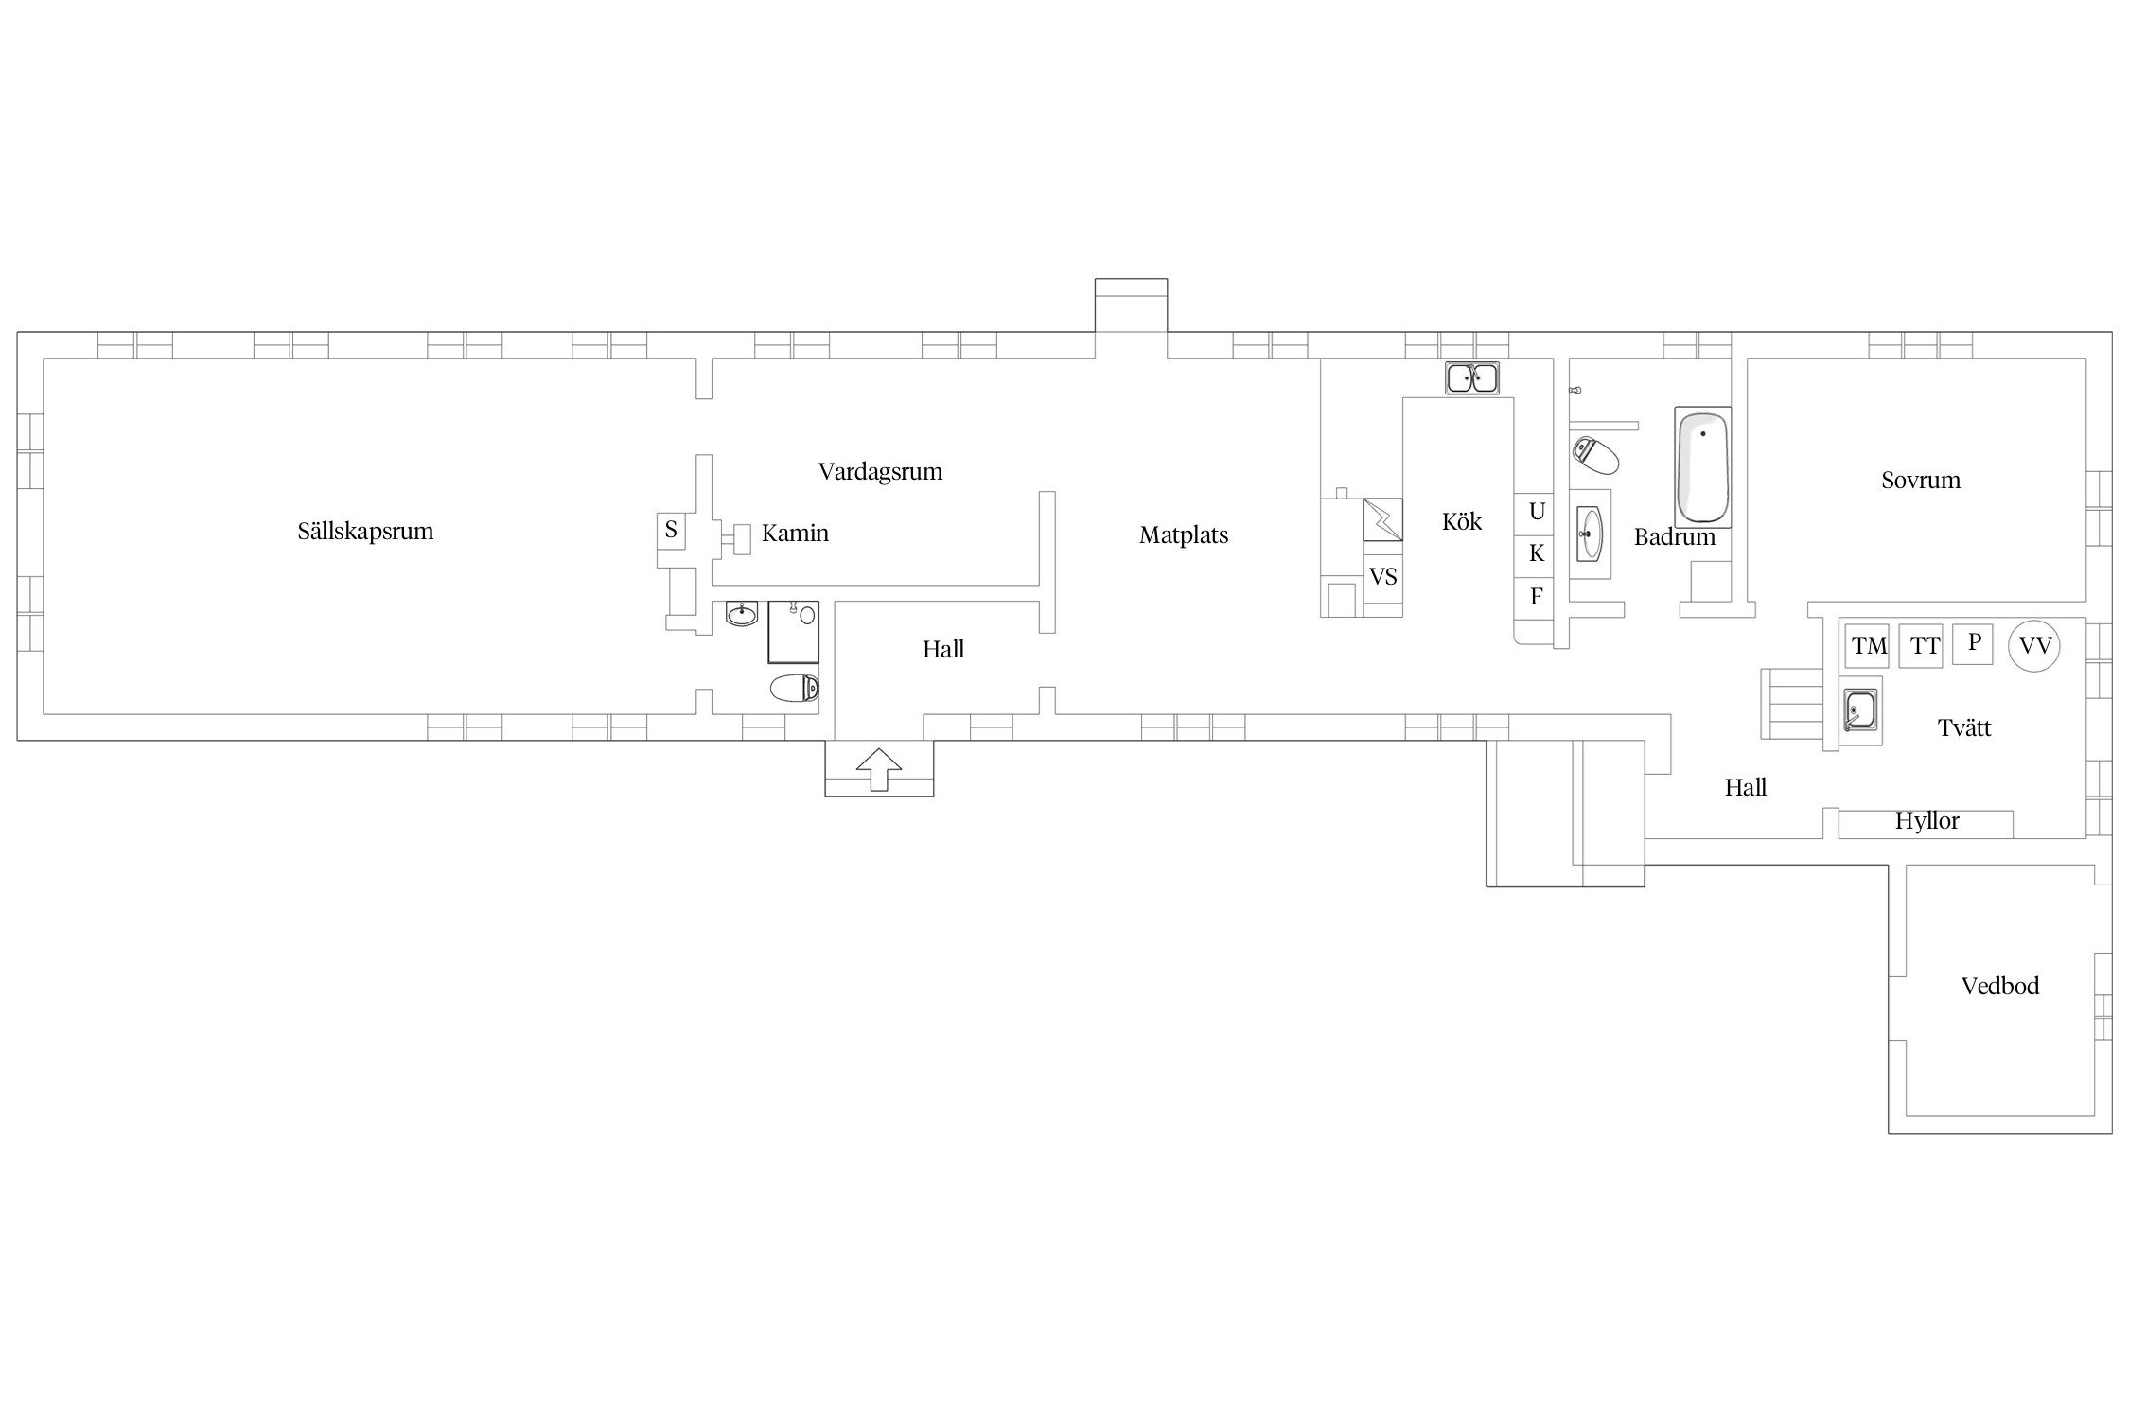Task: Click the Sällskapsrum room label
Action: [365, 532]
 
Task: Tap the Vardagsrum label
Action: [880, 472]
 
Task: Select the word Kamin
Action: [795, 534]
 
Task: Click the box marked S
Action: [671, 530]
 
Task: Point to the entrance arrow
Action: [879, 768]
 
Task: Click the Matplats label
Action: [1184, 535]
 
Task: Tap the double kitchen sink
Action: [1471, 377]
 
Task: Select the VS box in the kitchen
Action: [1382, 576]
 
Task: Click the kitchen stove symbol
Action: [1382, 519]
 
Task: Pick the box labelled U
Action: [1537, 512]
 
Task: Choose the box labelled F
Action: [1537, 597]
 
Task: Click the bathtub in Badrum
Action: [1702, 466]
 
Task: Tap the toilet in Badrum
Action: [1595, 455]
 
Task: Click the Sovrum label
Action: [1921, 481]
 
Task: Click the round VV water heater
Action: [2034, 646]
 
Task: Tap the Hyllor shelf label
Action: [1927, 821]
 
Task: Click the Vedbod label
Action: [2000, 987]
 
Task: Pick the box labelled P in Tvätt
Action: [1974, 643]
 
